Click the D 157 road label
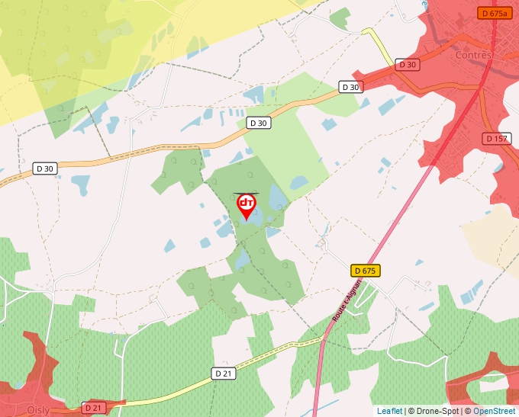pos(496,138)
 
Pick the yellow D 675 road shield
pos(366,271)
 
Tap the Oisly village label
pos(37,410)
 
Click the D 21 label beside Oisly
pos(93,408)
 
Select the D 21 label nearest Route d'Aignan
pos(223,374)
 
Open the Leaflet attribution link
pos(389,411)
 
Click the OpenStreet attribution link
pos(494,411)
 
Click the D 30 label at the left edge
pos(45,168)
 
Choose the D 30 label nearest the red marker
pos(259,123)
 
